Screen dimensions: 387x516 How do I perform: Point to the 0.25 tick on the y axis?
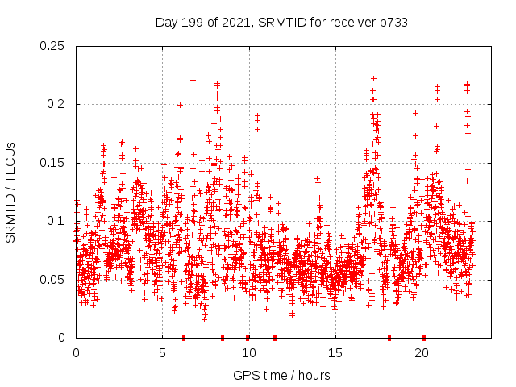coord(53,46)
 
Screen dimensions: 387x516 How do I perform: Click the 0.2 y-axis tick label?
coord(57,104)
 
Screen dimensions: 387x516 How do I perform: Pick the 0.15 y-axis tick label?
coord(53,163)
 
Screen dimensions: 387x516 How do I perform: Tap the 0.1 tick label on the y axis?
coord(57,221)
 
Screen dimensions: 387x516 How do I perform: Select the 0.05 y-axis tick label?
coord(53,280)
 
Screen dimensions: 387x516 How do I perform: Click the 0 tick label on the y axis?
coord(64,338)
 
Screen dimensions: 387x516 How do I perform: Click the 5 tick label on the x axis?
coord(163,353)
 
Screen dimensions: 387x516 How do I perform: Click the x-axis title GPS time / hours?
coord(281,375)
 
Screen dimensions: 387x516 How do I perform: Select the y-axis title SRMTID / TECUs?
coord(11,192)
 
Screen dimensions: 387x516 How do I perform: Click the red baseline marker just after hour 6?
coord(184,337)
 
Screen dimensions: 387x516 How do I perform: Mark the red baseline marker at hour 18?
coord(389,337)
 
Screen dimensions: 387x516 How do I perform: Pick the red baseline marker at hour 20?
coord(423,337)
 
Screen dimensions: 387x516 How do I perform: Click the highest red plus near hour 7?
coord(193,73)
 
